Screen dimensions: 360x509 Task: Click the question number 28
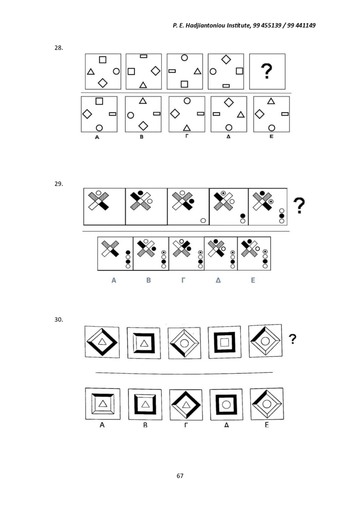(x=59, y=48)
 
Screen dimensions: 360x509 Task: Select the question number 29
(x=59, y=184)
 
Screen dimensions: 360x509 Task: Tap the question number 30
(x=59, y=319)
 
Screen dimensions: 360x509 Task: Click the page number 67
(x=180, y=476)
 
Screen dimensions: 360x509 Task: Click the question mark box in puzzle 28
(x=267, y=71)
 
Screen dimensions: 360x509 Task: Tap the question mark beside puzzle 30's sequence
(x=293, y=339)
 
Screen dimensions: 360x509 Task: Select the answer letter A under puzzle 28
(x=97, y=137)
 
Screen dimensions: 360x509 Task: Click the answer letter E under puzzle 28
(x=271, y=136)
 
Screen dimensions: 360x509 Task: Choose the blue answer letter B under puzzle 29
(x=148, y=280)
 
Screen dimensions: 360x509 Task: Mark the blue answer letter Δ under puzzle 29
(x=218, y=280)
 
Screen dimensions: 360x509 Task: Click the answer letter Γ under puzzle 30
(x=186, y=425)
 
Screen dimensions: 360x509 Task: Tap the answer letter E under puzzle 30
(x=267, y=424)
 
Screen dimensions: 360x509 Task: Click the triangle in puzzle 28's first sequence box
(x=91, y=72)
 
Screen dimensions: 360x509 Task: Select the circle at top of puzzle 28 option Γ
(x=187, y=101)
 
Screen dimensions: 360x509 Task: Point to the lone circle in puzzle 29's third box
(x=203, y=220)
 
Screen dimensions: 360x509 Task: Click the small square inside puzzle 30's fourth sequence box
(x=225, y=342)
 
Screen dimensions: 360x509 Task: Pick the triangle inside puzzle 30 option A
(x=103, y=404)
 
